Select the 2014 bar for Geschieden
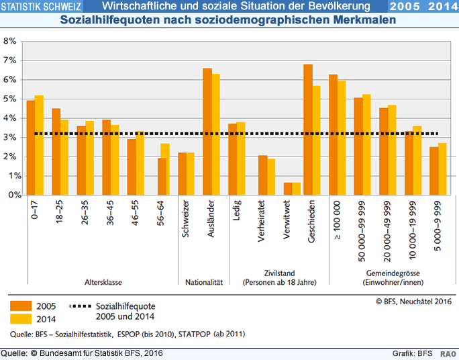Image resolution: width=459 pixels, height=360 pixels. click(317, 140)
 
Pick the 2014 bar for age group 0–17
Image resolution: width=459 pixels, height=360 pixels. click(39, 145)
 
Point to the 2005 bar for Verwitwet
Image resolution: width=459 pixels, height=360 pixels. click(288, 189)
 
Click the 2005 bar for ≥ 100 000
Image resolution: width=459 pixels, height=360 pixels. click(334, 134)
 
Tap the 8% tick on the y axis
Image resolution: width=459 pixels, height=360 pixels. click(20, 41)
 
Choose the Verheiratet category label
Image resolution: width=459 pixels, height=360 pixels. click(262, 222)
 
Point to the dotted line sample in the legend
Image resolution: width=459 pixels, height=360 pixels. click(75, 306)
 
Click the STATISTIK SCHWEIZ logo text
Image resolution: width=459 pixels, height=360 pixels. click(42, 7)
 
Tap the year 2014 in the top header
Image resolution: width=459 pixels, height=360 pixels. click(440, 7)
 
